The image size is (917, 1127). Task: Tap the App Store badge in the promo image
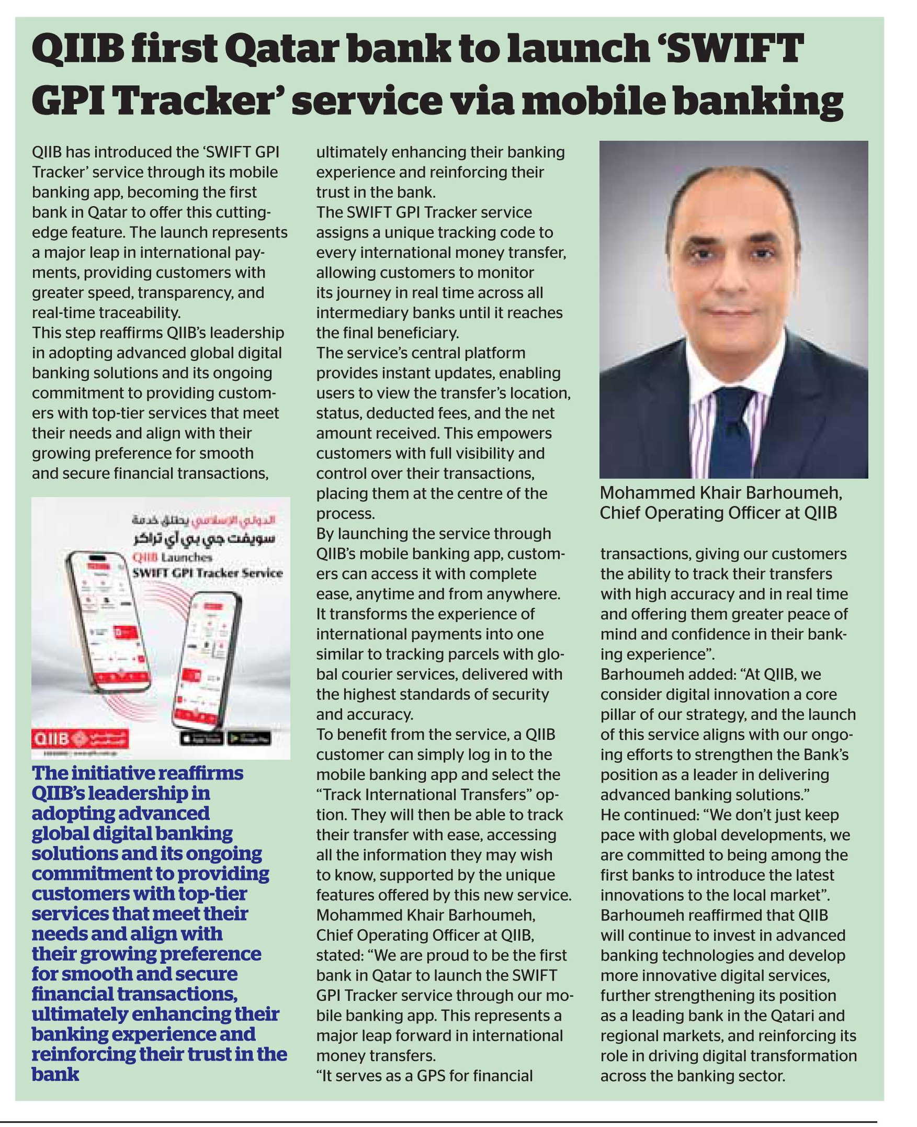coord(202,739)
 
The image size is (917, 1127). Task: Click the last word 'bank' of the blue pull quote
coord(55,1074)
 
